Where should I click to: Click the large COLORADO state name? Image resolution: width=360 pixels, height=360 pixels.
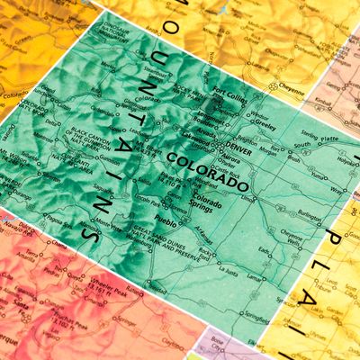click(x=207, y=170)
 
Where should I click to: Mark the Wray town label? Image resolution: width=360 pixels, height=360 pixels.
click(x=337, y=190)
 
